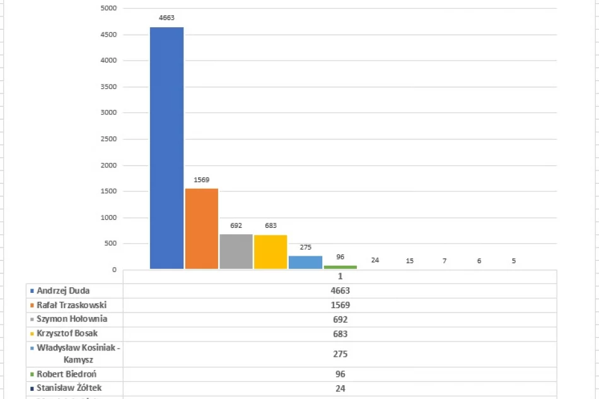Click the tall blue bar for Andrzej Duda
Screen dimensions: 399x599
166,148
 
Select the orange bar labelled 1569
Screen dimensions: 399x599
201,229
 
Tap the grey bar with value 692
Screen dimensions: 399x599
236,252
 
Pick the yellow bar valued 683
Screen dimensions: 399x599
270,252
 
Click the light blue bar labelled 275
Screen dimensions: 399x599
305,262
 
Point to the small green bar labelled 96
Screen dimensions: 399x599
340,267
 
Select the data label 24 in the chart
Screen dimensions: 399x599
375,260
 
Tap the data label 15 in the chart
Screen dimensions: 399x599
410,260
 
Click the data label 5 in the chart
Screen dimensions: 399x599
514,260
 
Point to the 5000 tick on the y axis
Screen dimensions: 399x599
108,8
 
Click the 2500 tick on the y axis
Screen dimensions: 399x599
108,139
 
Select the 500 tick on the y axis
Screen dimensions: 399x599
110,244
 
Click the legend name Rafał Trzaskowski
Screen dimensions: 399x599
71,305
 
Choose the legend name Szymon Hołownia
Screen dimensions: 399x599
71,319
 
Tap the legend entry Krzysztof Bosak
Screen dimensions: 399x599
67,333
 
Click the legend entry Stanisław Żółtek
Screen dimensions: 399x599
68,388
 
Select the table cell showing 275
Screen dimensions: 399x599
340,354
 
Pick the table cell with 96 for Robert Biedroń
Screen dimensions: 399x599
340,374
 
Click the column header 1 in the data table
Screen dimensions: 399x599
340,277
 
